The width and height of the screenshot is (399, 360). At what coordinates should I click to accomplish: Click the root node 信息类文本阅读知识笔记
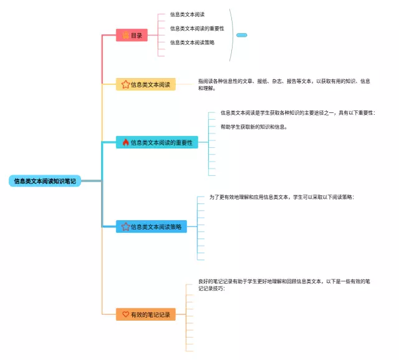click(45, 181)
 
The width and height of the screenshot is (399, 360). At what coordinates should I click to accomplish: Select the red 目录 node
click(131, 36)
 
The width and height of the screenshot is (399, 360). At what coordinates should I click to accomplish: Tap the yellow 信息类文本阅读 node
click(146, 84)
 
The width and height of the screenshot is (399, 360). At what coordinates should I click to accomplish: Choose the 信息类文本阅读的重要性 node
click(157, 142)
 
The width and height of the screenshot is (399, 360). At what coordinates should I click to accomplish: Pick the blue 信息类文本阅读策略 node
click(151, 226)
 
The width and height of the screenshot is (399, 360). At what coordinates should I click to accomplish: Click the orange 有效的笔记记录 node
click(145, 314)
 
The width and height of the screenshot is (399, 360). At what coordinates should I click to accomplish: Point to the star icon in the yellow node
click(125, 84)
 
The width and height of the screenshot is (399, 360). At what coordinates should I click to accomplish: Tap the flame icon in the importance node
click(125, 142)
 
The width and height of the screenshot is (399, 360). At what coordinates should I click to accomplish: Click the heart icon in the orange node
click(125, 314)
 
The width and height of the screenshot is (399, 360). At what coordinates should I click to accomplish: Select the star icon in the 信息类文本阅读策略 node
click(125, 226)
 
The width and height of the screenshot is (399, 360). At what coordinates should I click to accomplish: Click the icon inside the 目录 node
click(125, 36)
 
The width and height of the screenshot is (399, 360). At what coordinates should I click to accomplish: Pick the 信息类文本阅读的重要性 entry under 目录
click(196, 28)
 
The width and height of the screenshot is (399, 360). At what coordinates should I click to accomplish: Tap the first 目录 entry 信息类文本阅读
click(187, 14)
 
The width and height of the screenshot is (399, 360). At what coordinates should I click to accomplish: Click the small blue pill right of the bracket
click(242, 35)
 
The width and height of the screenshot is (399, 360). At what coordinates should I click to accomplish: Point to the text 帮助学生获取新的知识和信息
click(254, 127)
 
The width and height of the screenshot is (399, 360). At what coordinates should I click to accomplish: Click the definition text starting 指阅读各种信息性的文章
click(284, 84)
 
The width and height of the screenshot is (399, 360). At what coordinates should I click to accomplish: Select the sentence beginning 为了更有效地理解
click(281, 197)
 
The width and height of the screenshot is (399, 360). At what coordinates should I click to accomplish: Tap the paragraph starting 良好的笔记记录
click(284, 285)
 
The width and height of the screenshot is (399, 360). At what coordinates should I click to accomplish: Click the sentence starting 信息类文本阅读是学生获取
click(297, 113)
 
